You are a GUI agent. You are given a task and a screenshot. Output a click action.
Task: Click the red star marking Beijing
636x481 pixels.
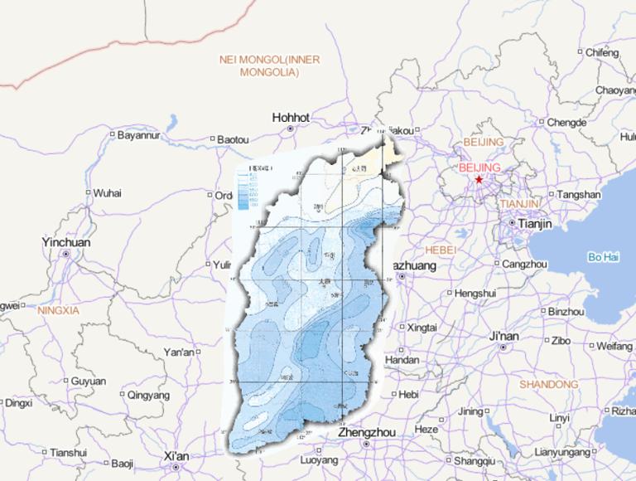click(x=479, y=178)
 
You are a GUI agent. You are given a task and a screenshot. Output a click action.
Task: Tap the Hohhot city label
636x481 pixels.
click(x=291, y=118)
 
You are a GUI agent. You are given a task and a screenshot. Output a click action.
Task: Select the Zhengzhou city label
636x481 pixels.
click(x=365, y=433)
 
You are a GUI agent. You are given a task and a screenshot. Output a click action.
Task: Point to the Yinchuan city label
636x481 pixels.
click(x=66, y=243)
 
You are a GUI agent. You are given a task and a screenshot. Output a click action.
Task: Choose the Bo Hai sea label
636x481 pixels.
click(x=604, y=256)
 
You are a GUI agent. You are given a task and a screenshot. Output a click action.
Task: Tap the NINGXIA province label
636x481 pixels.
click(x=58, y=310)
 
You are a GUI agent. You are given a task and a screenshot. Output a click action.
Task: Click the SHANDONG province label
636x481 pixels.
click(x=548, y=384)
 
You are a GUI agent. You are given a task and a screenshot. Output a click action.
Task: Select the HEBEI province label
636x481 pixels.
click(x=440, y=250)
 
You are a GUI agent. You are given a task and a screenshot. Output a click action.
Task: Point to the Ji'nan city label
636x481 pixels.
click(x=503, y=337)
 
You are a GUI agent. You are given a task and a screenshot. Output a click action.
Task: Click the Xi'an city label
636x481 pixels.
click(x=176, y=456)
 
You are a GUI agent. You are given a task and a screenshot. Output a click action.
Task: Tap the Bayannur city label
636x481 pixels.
click(x=137, y=134)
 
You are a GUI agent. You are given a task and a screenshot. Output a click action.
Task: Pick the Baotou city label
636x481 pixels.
click(x=233, y=139)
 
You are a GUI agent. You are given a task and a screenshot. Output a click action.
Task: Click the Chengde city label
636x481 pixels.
click(x=566, y=123)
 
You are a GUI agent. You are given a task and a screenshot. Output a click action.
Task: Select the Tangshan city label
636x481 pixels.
click(x=579, y=195)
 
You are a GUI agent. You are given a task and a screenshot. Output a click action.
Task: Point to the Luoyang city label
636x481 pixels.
click(x=319, y=460)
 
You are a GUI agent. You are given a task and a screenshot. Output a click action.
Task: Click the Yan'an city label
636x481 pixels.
click(x=179, y=352)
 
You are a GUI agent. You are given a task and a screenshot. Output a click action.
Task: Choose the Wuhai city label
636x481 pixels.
click(x=107, y=193)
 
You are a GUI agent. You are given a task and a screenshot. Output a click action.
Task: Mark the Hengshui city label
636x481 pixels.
click(x=475, y=293)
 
